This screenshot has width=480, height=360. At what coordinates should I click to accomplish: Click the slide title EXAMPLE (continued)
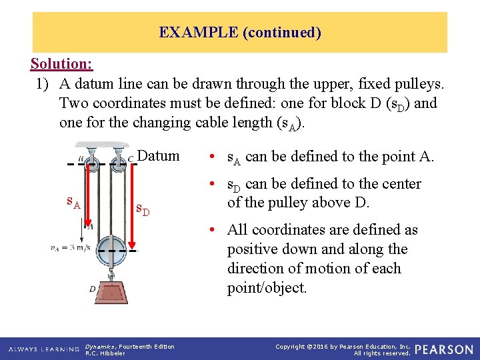[240, 32]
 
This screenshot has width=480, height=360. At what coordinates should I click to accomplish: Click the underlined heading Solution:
[61, 65]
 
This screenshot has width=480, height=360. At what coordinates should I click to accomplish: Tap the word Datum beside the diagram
[158, 156]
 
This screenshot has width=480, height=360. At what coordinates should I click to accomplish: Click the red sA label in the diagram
[73, 201]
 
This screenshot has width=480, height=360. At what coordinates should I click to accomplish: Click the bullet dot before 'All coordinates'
[211, 231]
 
